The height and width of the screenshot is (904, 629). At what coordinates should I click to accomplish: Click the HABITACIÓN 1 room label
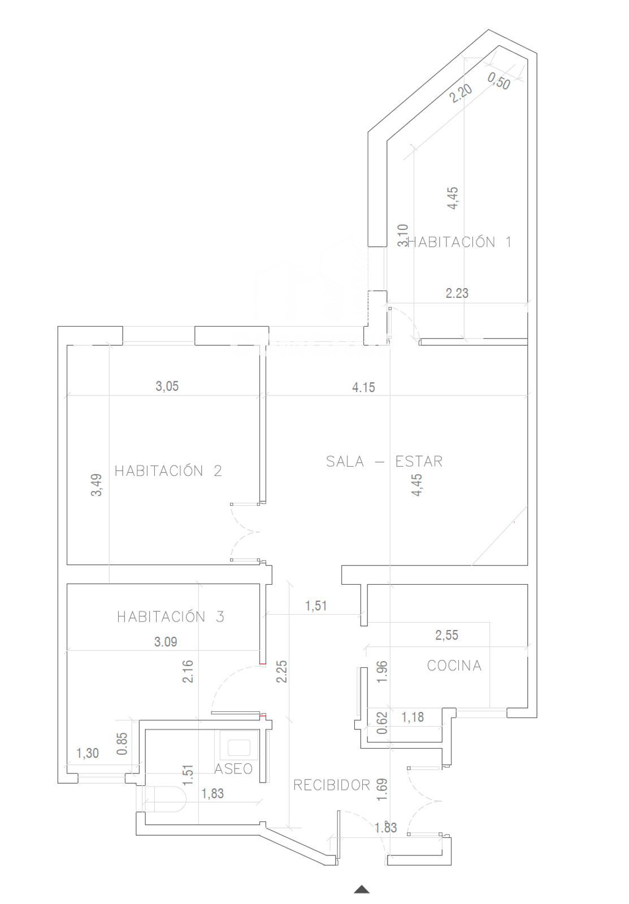[459, 242]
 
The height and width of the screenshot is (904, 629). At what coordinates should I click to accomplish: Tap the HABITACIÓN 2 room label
[168, 471]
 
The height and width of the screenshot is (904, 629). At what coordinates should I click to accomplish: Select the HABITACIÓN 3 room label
[170, 616]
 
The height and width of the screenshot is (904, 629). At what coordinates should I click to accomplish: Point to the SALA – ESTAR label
[384, 461]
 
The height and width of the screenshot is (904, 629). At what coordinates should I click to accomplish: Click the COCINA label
[454, 666]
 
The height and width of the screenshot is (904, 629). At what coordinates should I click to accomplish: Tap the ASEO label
[233, 769]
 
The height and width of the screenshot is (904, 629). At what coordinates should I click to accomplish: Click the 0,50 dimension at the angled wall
[499, 81]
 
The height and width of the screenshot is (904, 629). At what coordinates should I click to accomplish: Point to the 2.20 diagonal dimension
[461, 93]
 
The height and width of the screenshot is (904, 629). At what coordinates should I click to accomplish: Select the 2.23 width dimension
[457, 293]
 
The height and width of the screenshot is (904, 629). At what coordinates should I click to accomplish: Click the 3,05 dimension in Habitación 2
[167, 386]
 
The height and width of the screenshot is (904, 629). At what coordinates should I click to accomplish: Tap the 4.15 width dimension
[364, 388]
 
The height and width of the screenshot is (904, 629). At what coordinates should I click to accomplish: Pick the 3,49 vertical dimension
[97, 485]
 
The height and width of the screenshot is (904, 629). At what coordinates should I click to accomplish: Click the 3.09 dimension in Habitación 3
[166, 642]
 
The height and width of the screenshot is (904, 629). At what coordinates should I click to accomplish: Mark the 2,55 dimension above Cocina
[447, 635]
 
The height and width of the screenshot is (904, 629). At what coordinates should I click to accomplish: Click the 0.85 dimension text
[122, 744]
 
